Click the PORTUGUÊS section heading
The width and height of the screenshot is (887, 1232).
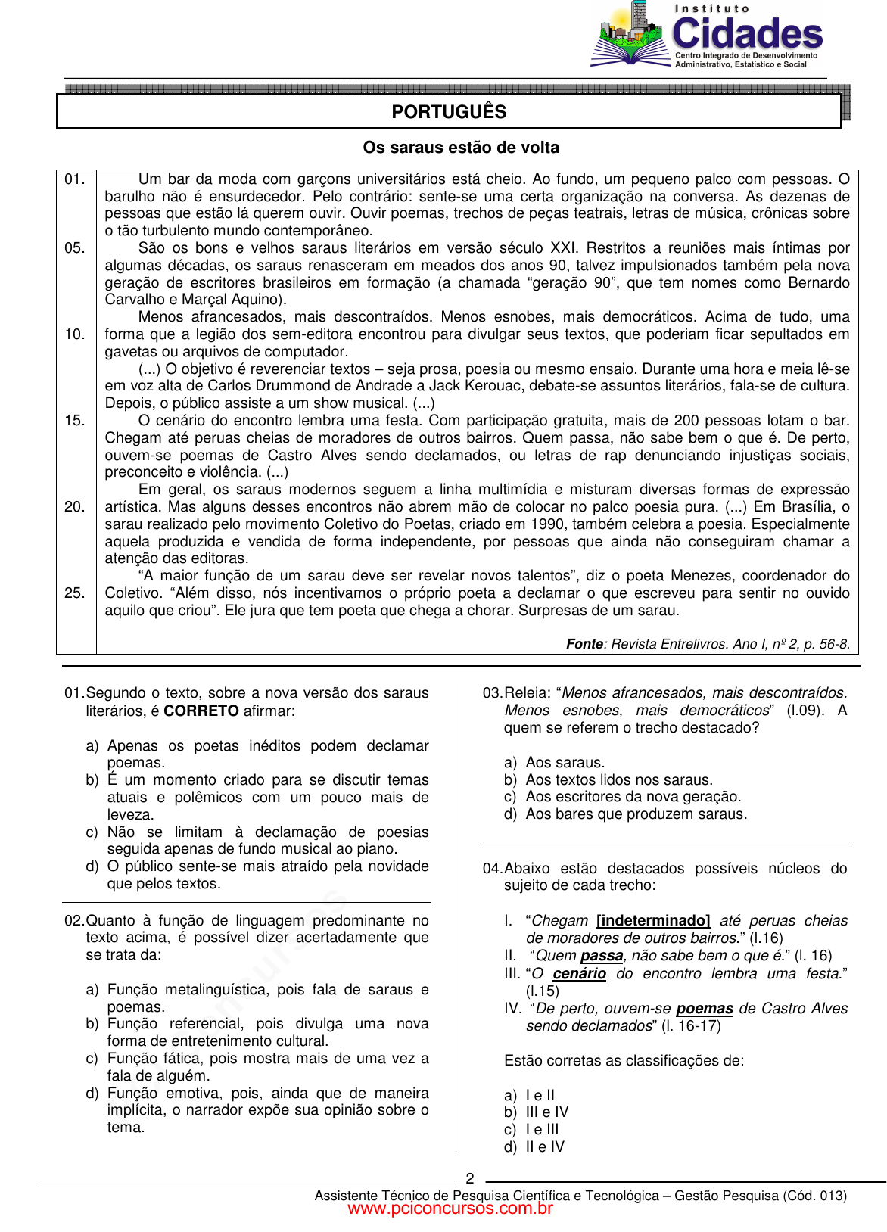449,112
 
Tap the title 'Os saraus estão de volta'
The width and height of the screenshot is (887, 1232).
461,148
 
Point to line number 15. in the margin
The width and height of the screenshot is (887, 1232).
75,421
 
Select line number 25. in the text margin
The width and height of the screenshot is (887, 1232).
75,593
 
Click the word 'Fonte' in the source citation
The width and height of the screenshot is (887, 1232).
584,644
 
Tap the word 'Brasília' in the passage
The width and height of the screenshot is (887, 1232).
809,507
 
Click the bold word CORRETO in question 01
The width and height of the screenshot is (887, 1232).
201,711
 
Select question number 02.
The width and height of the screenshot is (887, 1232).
74,921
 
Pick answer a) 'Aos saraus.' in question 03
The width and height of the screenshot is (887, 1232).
565,763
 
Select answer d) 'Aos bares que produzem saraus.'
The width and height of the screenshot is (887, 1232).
636,814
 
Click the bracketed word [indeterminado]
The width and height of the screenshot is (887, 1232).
653,921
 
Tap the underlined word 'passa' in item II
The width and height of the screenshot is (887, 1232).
602,956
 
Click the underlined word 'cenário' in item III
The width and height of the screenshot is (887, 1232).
579,974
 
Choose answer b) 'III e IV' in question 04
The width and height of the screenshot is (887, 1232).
546,1112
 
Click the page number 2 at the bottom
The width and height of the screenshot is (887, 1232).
470,1178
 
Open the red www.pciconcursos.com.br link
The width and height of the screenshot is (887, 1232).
450,1209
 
